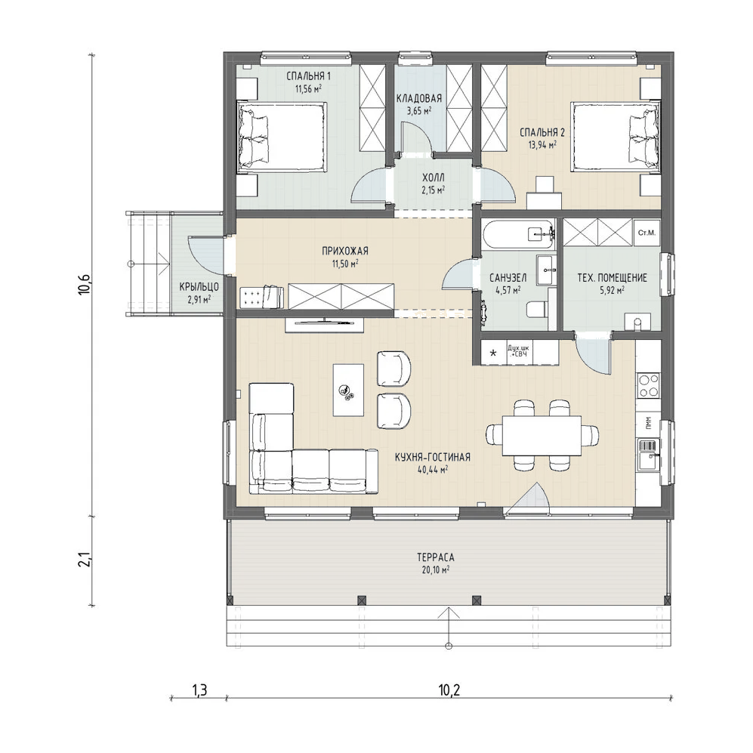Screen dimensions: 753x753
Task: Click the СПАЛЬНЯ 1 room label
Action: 308,76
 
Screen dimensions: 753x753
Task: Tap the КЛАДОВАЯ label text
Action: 418,98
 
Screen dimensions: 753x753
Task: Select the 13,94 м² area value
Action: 543,144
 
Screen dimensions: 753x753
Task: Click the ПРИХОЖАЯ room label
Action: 345,251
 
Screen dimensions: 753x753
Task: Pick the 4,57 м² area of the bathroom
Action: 508,289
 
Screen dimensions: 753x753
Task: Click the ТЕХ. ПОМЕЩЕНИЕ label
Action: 612,278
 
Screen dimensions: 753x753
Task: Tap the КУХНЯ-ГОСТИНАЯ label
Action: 433,457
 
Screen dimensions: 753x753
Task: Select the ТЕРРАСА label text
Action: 436,557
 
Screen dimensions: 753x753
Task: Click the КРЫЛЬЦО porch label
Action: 199,287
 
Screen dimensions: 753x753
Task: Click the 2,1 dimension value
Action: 85,560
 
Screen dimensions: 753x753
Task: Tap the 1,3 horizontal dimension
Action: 199,690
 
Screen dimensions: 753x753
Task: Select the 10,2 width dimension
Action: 449,690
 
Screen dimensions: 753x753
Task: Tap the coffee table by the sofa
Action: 349,390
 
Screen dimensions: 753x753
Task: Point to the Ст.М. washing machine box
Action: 647,233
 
